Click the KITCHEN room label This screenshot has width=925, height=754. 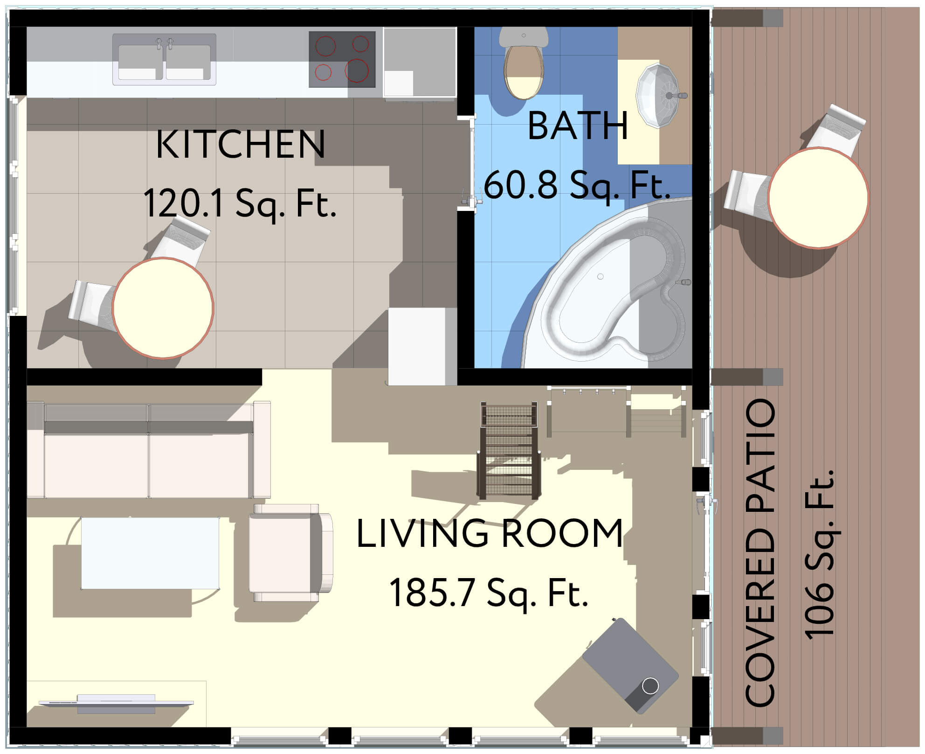pyautogui.click(x=241, y=144)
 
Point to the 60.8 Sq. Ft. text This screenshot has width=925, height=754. pyautogui.click(x=577, y=185)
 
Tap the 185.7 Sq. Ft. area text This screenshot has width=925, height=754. pyautogui.click(x=489, y=593)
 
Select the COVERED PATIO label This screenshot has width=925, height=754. pyautogui.click(x=760, y=553)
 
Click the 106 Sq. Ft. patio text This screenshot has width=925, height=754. pyautogui.click(x=819, y=553)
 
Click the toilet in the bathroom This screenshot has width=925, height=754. pyautogui.click(x=524, y=63)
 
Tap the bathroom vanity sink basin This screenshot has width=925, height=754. pyautogui.click(x=657, y=95)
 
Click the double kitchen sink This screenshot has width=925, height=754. pyautogui.click(x=164, y=59)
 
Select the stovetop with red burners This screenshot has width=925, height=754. pyautogui.click(x=342, y=59)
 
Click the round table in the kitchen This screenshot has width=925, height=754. pyautogui.click(x=163, y=308)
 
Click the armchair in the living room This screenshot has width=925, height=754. pyautogui.click(x=291, y=553)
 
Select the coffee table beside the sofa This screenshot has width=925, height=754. pyautogui.click(x=150, y=553)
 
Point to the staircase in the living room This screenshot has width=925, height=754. pyautogui.click(x=509, y=450)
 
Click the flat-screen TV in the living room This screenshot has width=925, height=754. pyautogui.click(x=116, y=704)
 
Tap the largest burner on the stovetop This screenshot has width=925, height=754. pyautogui.click(x=357, y=70)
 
